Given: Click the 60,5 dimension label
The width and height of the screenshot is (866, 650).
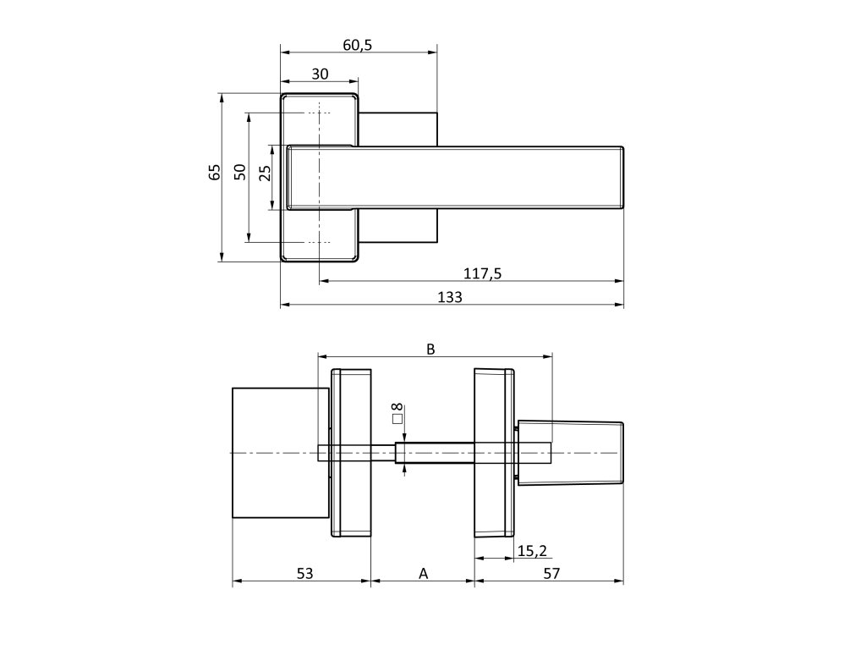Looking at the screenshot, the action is (x=359, y=46).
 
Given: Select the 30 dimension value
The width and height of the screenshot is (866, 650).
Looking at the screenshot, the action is (x=320, y=74).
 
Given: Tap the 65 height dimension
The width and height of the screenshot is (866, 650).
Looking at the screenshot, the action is (x=215, y=172).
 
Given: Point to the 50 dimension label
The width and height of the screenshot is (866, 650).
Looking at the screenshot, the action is (x=240, y=172).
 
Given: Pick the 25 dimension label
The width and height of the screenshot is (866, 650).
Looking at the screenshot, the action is (x=265, y=174).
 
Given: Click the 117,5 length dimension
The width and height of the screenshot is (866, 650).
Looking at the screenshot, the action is (x=484, y=273).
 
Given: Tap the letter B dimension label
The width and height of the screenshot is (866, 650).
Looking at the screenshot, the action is (x=430, y=349).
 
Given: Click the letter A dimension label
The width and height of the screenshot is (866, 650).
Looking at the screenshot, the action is (x=424, y=574).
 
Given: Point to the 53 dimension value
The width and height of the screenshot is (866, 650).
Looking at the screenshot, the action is (x=304, y=574).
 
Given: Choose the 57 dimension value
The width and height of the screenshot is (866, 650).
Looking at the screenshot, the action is (x=551, y=574).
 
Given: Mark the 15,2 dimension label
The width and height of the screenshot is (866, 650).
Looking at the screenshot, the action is (x=531, y=551).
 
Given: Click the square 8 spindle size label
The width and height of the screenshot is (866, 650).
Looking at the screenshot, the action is (x=397, y=413).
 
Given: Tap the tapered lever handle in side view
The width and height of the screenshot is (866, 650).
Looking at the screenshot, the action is (x=571, y=453).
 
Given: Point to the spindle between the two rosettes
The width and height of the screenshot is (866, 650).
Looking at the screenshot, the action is (x=436, y=454).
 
